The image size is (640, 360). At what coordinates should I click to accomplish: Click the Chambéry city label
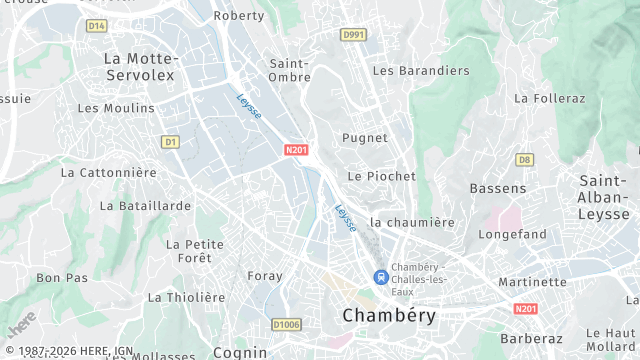pos(389,315)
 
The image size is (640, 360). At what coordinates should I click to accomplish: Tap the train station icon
pos(380,276)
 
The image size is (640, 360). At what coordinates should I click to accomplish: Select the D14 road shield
pos(96,25)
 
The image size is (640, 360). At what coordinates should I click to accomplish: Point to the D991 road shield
pos(352,34)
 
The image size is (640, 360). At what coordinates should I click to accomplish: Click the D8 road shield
pos(524,159)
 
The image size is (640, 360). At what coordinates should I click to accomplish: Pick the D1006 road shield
pos(286,324)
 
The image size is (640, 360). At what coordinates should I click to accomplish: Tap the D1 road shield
pos(170,142)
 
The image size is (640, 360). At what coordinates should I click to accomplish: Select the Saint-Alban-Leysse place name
pos(604,197)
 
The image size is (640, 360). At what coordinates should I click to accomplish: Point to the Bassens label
pos(498,188)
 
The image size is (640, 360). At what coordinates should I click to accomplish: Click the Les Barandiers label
pos(420,71)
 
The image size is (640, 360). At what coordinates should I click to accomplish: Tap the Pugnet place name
pos(365,138)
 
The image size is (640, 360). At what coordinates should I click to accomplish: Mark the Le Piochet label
pos(381,176)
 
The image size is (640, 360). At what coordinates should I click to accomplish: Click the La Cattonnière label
pos(109,172)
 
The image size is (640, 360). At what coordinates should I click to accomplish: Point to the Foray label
pos(265,275)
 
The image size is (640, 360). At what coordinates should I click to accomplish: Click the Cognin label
pos(240,352)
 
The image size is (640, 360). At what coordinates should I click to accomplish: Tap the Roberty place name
pos(240,16)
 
